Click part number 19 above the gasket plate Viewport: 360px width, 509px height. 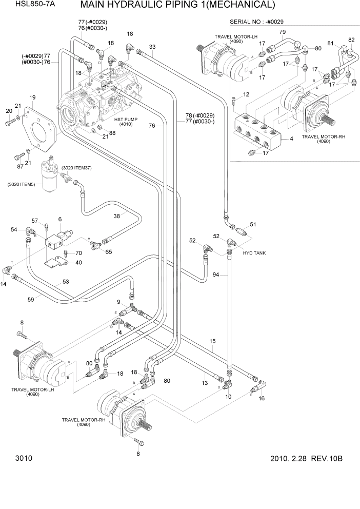[32, 97]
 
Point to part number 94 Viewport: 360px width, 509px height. [216, 276]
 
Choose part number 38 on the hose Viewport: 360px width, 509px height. [117, 217]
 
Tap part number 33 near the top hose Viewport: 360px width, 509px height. [152, 47]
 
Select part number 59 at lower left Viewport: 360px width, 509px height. [30, 300]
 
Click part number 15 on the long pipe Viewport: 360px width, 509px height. [212, 341]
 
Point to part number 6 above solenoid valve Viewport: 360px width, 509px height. [60, 219]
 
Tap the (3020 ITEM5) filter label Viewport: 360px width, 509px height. [22, 184]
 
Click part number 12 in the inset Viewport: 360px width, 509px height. [246, 94]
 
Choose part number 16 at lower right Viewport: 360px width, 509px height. [261, 398]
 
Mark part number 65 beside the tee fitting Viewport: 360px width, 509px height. [109, 251]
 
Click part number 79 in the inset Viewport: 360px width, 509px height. [282, 32]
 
